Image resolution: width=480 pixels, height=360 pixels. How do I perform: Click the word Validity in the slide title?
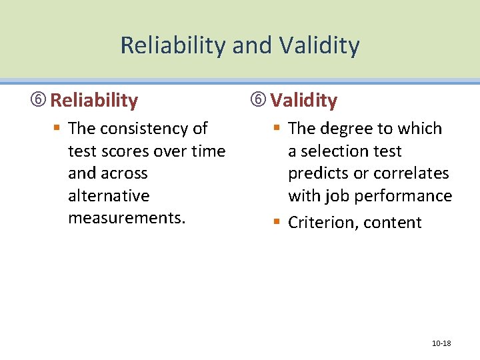click(x=319, y=45)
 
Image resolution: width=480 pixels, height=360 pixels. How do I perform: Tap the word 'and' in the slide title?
click(x=253, y=45)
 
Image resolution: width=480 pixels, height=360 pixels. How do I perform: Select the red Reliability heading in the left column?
click(x=94, y=101)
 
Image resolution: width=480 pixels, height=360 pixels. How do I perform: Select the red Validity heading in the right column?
click(x=303, y=101)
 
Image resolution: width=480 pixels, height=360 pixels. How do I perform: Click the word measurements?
click(x=126, y=219)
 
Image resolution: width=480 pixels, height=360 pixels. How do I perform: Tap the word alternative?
click(x=109, y=196)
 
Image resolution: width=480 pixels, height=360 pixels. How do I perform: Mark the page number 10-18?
click(x=441, y=343)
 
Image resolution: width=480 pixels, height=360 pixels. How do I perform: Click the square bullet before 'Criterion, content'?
click(x=277, y=222)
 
